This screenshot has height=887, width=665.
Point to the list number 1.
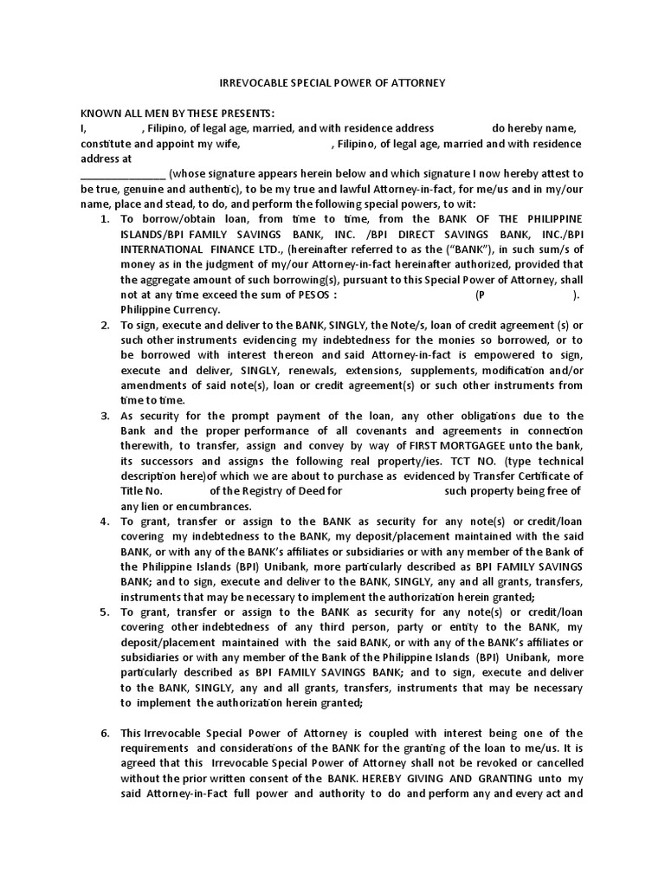tap(105, 219)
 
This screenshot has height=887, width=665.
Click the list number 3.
tap(105, 416)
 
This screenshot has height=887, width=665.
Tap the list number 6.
tap(105, 733)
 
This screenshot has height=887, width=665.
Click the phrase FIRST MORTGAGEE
tap(444, 446)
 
